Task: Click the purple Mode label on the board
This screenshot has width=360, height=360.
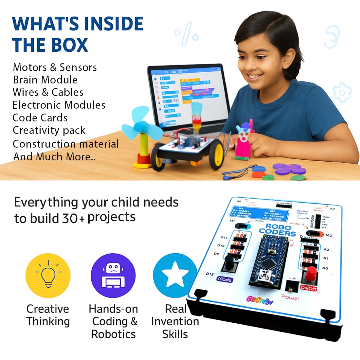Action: [x=225, y=279]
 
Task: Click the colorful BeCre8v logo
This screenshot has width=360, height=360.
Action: [x=260, y=300]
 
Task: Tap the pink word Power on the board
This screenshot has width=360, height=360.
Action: [x=290, y=297]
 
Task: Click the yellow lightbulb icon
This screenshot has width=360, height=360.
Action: [x=48, y=275]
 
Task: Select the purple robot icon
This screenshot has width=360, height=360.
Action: [x=113, y=275]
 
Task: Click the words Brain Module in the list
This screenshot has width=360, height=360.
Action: [x=45, y=80]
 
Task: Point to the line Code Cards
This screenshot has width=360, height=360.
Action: [x=40, y=118]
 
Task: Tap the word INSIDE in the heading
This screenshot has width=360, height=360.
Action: [x=114, y=24]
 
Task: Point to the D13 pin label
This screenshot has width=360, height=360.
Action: [x=210, y=274]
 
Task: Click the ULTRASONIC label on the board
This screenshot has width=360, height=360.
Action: [x=284, y=204]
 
